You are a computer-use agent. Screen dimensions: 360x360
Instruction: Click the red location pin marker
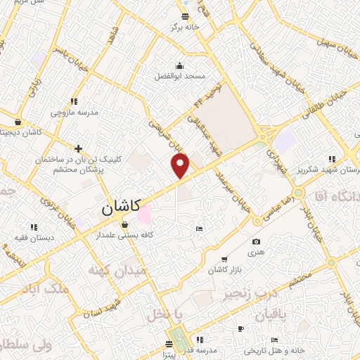click(181, 165)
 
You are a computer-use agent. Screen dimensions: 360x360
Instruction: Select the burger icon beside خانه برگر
click(185, 17)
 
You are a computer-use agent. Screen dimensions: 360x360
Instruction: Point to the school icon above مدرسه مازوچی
click(74, 101)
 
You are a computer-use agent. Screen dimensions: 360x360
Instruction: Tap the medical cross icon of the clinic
click(78, 148)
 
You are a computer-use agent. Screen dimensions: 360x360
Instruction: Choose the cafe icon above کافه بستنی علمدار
click(124, 225)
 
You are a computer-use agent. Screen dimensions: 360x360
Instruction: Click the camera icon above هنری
click(255, 242)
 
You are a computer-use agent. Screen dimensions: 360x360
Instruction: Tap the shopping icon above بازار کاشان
click(224, 259)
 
